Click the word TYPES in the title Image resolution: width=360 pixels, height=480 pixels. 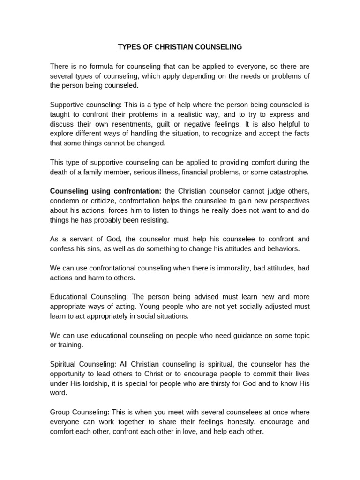click(x=128, y=47)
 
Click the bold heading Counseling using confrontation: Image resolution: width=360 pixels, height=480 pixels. click(x=106, y=191)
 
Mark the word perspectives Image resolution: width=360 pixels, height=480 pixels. click(x=286, y=201)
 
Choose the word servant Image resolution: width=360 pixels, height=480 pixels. click(x=79, y=239)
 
